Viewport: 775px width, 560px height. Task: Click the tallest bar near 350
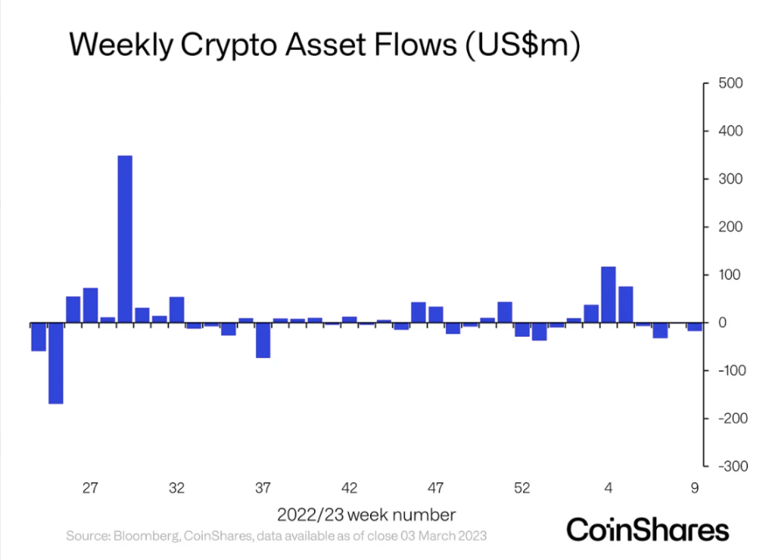[125, 239]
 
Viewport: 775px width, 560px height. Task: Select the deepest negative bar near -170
[56, 363]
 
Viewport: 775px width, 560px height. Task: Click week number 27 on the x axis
[90, 488]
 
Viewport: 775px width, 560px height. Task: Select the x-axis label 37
[263, 488]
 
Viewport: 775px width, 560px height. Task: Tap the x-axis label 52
[522, 488]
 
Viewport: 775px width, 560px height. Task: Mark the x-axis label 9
[695, 488]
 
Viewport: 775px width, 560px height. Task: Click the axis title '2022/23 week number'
[366, 515]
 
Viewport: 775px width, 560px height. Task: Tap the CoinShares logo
[647, 529]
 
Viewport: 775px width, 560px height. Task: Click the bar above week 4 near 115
[608, 295]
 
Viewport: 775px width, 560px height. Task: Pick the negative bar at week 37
[263, 340]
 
